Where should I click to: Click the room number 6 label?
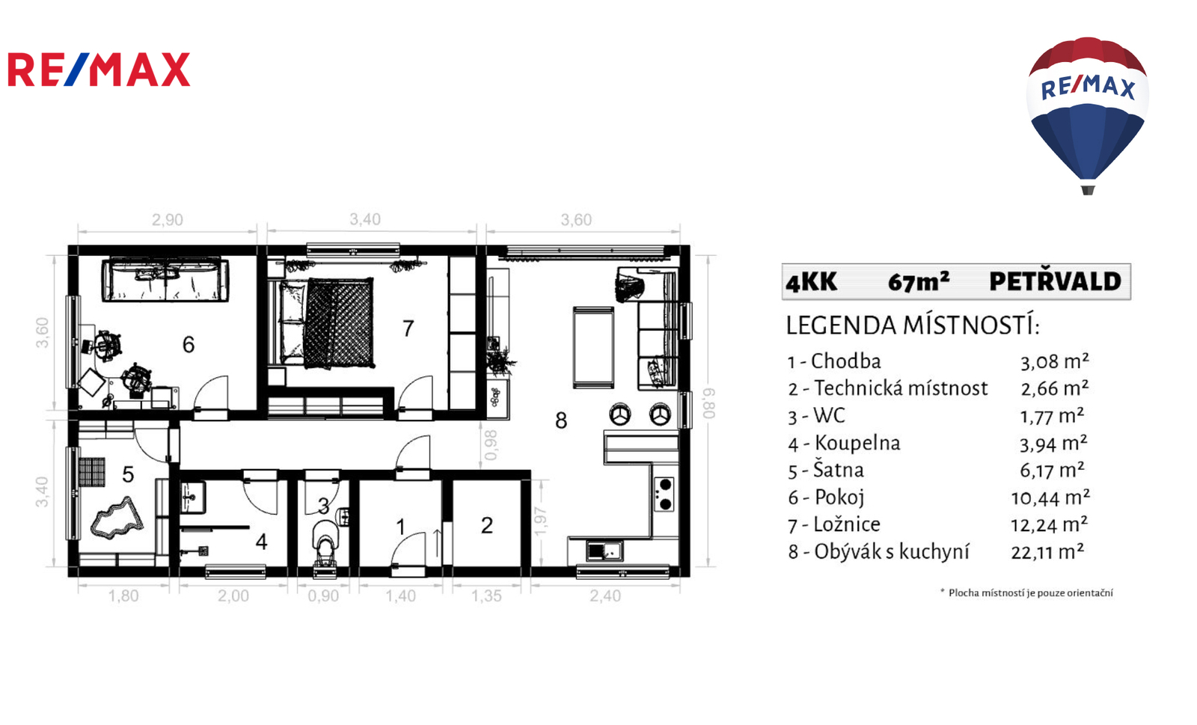(x=188, y=345)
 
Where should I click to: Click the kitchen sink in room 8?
(x=604, y=550)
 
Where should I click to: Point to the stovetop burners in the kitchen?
(x=665, y=495)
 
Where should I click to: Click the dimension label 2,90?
(x=168, y=220)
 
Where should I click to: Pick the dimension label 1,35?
(x=486, y=596)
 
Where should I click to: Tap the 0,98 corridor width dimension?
(x=490, y=445)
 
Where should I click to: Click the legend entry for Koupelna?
(x=845, y=444)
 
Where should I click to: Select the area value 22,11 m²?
(x=1048, y=552)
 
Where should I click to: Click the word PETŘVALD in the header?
(x=1056, y=281)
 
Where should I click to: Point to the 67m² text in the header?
(x=919, y=281)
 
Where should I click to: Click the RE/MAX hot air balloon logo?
(x=1088, y=115)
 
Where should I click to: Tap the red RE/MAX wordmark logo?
(x=99, y=70)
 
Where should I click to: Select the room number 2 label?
(x=486, y=525)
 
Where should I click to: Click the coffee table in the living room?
(x=593, y=346)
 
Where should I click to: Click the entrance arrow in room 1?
(x=437, y=544)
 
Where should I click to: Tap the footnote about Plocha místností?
(x=1026, y=593)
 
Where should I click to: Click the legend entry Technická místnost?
(x=888, y=388)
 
